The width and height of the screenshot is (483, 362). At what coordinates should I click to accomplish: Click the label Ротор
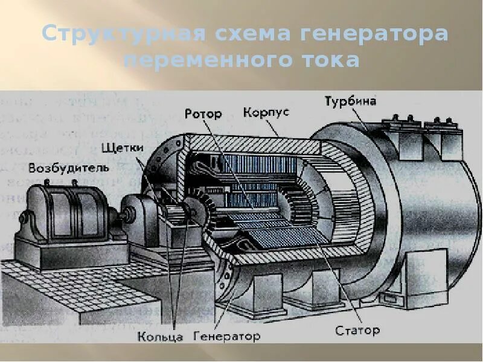203,113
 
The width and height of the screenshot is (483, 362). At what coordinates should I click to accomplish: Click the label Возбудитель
68,167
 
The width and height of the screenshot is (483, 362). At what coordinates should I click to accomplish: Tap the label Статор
357,330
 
